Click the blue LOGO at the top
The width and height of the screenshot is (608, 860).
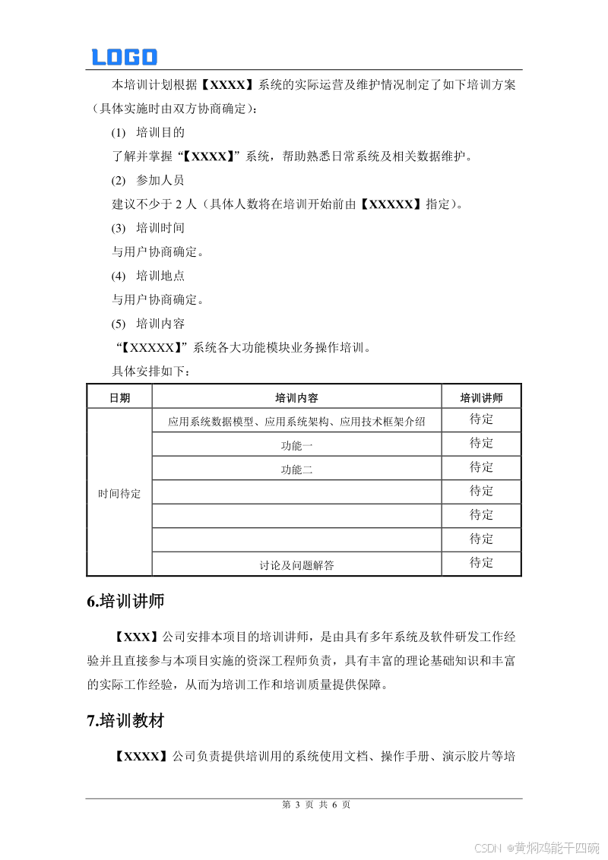(x=124, y=57)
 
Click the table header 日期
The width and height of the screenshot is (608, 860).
(x=119, y=397)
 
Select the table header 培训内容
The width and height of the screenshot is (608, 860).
(x=296, y=397)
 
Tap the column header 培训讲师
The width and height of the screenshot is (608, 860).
(x=481, y=397)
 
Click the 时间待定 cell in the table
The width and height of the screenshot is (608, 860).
(x=119, y=493)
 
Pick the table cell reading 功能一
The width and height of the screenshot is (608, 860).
(x=296, y=446)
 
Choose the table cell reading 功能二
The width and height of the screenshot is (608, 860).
(x=296, y=470)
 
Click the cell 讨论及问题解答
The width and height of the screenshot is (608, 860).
(x=296, y=564)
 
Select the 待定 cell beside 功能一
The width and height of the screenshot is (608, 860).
(x=481, y=443)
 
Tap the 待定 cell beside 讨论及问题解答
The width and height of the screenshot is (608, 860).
(x=481, y=563)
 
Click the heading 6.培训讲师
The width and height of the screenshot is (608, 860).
(x=125, y=602)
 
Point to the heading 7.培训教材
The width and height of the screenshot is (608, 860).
(x=125, y=721)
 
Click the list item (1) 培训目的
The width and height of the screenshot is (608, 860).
(x=148, y=132)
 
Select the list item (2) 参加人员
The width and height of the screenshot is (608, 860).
(x=148, y=180)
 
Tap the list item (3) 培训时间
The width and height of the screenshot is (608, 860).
(x=148, y=228)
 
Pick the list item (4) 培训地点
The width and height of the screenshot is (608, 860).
(x=148, y=276)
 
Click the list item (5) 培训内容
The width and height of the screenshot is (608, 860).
(x=148, y=324)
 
